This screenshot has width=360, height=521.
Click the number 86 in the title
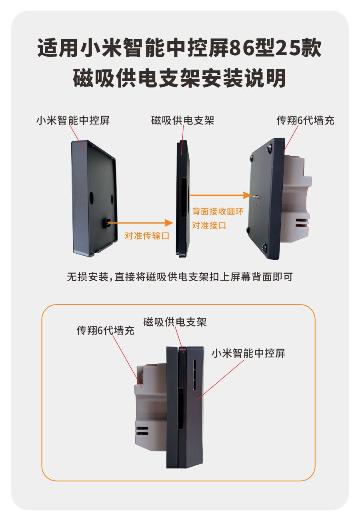tap(242, 48)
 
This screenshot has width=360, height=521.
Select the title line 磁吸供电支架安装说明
tap(179, 78)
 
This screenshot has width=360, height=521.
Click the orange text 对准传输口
tap(147, 236)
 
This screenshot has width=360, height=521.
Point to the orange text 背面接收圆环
tap(218, 211)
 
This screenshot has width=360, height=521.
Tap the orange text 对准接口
tap(209, 225)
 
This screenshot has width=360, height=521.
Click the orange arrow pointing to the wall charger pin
tap(221, 195)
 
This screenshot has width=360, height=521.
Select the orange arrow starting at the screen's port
tap(141, 222)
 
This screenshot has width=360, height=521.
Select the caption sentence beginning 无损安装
tap(180, 277)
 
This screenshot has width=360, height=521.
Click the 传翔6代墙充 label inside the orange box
tap(106, 330)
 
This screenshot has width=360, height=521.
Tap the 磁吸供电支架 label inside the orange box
tap(175, 322)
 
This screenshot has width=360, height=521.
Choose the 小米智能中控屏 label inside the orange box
tap(248, 353)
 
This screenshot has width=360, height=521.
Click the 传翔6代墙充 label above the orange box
tap(305, 120)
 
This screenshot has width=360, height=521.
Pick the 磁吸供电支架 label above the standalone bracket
tap(182, 120)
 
